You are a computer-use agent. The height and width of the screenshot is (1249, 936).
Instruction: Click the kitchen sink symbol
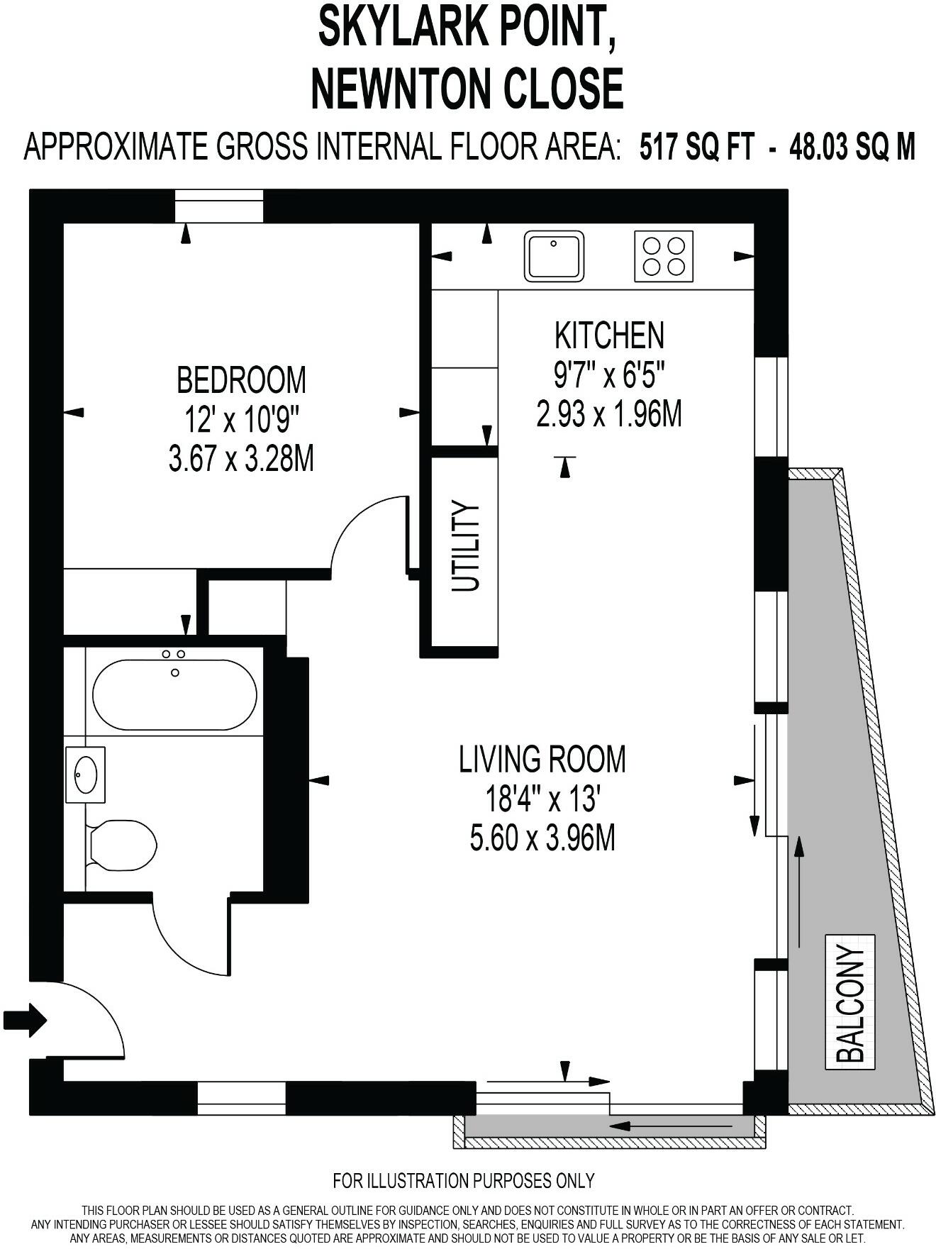554,256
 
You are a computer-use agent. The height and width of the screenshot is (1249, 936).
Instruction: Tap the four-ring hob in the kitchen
663,256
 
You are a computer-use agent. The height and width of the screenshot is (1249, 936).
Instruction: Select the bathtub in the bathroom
174,695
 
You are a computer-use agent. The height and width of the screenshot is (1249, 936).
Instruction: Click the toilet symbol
122,845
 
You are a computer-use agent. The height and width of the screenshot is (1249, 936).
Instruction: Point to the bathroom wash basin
85,775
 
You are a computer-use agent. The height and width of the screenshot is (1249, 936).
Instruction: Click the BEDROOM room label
241,380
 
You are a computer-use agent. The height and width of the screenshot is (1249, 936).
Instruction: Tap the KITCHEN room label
609,335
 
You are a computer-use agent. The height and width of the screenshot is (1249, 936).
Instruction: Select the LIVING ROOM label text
542,759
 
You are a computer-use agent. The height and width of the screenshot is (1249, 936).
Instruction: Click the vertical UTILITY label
466,547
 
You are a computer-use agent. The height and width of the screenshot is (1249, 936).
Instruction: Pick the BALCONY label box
850,1002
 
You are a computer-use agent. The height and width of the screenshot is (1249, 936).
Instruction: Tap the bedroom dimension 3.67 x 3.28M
241,460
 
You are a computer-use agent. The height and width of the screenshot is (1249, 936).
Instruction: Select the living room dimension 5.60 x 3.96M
542,838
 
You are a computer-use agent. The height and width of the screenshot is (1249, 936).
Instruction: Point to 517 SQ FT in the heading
696,148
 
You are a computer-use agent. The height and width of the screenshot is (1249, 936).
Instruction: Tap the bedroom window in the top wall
219,206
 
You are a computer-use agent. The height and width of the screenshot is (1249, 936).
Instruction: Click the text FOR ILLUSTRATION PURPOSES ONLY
463,1181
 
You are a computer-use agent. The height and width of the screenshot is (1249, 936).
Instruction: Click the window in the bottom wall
241,1098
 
